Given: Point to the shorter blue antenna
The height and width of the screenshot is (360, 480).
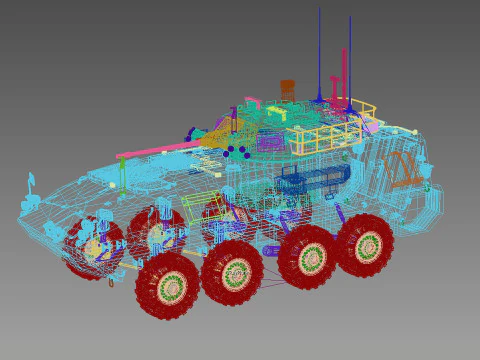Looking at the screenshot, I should tap(350, 60).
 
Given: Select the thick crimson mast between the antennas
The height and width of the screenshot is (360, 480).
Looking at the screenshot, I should tap(344, 75).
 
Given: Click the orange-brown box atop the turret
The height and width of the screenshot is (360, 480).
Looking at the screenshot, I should tap(287, 88).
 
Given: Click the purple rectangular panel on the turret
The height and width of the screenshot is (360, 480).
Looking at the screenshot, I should tap(270, 143).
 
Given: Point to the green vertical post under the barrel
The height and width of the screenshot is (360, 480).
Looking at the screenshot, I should tap(123, 172).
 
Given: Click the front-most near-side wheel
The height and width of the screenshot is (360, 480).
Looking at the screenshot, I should tap(168, 286).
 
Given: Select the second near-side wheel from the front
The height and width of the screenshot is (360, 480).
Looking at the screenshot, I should tap(233, 272).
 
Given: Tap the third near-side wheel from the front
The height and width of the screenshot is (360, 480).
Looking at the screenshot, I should tap(308, 257).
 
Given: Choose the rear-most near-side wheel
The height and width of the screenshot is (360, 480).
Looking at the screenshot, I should tap(365, 245).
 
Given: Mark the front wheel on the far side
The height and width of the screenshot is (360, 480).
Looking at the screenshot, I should tap(94, 246).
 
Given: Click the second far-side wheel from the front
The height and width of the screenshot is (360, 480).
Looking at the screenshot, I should tap(156, 233).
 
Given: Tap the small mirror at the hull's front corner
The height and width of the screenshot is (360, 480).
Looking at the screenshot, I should tap(30, 183).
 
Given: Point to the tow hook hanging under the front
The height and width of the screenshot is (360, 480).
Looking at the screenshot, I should tap(111, 283).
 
